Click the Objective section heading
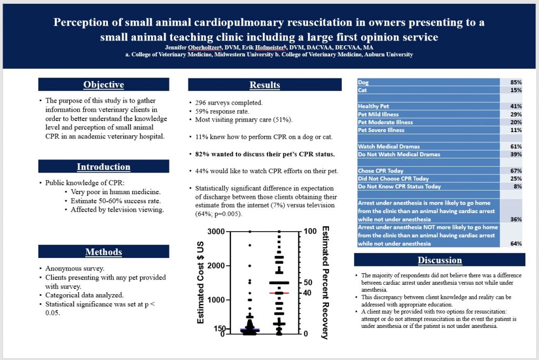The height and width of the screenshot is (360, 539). click(104, 85)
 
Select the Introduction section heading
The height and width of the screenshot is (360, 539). click(104, 167)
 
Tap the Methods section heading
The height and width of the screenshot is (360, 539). click(104, 252)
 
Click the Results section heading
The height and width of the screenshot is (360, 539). click(265, 85)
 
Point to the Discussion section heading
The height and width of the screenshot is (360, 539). click(440, 260)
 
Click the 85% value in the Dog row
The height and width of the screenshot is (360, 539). click(515, 83)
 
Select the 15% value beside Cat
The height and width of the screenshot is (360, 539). click(515, 91)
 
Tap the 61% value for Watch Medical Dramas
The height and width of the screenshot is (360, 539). click(515, 146)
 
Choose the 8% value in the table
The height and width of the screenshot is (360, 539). click(517, 186)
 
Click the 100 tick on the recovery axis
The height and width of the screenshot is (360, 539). click(311, 232)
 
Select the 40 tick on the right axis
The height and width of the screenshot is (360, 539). click(309, 293)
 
